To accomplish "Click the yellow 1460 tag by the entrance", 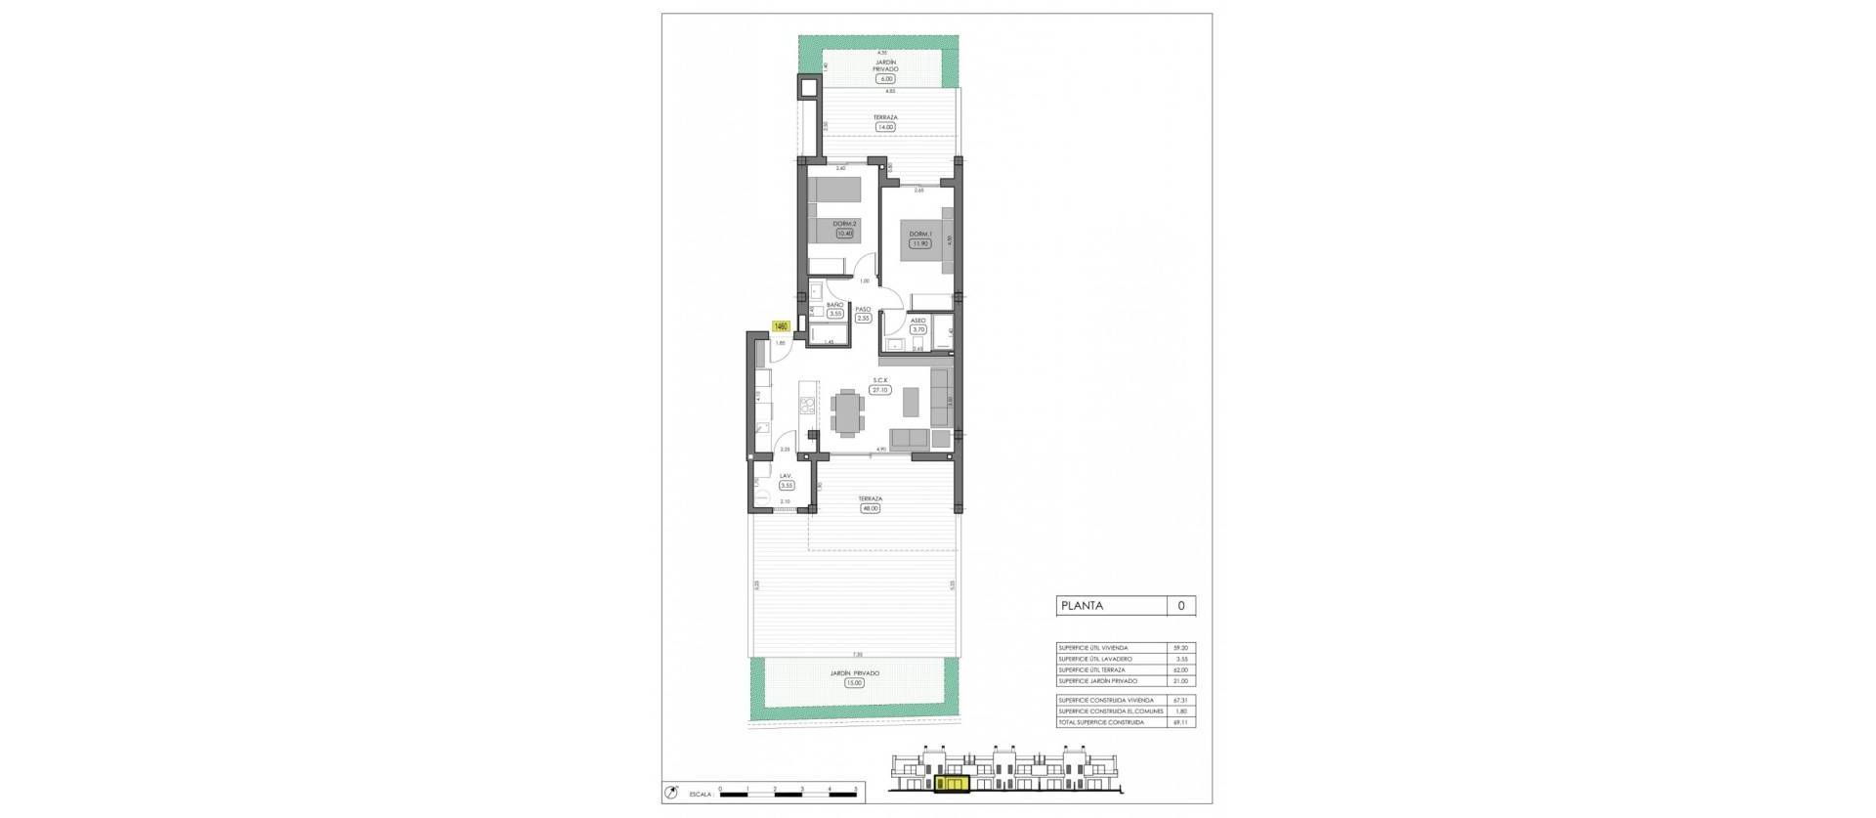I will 781,326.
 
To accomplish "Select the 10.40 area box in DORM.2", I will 844,261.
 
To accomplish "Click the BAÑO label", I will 834,305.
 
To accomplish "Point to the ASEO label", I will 918,321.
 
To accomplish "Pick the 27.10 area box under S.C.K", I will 880,390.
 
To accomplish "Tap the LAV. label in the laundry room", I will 786,476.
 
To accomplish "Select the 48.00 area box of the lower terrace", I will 869,508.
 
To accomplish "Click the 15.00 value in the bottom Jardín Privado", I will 854,683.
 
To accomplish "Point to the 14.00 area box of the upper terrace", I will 885,127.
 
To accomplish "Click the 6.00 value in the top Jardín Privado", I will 885,80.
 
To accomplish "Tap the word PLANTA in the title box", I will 1082,606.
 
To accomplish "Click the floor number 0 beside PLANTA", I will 1181,606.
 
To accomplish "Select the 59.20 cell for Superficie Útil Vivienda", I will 1181,648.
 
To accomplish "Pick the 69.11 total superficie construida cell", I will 1181,722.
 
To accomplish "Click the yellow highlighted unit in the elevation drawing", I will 949,783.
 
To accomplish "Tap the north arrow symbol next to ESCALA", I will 669,793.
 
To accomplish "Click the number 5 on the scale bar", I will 856,788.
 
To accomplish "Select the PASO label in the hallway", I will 863,309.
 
